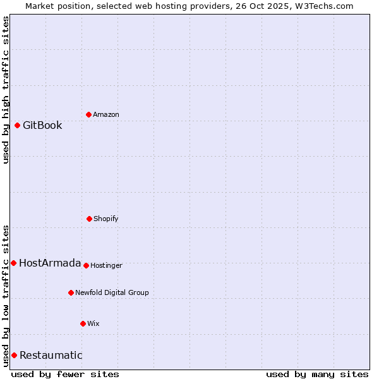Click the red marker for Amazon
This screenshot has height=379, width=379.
(x=88, y=114)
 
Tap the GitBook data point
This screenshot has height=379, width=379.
(x=17, y=125)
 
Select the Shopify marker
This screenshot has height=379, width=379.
(x=89, y=219)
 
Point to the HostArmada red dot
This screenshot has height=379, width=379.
(x=13, y=263)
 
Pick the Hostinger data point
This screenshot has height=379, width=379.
(x=86, y=265)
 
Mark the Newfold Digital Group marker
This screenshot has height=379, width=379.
(x=71, y=292)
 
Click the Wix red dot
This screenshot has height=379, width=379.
(x=83, y=323)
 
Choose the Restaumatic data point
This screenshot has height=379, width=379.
(x=14, y=355)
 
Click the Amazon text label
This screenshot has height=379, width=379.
(x=106, y=114)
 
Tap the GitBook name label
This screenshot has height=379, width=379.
(x=42, y=125)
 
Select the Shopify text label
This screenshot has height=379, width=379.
(x=106, y=219)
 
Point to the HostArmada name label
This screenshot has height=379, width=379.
(x=50, y=263)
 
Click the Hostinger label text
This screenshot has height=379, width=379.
(x=106, y=265)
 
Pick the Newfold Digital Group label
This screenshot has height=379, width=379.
(x=112, y=292)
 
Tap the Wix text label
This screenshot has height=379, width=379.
(x=93, y=323)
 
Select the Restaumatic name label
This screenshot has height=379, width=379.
(x=51, y=355)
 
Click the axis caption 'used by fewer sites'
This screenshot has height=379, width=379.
(x=65, y=374)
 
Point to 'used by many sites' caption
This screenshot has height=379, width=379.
(x=317, y=374)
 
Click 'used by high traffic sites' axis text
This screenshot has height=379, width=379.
(x=6, y=90)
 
